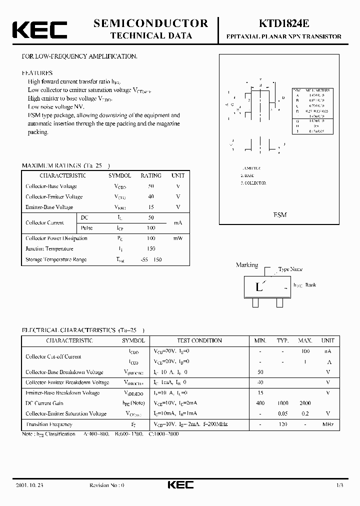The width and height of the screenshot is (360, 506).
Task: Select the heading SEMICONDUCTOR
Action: (x=151, y=23)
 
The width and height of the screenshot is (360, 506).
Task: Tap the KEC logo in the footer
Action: (x=180, y=485)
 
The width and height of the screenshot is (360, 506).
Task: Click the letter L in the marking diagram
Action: (x=258, y=287)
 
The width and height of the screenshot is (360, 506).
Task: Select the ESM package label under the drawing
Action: (x=279, y=214)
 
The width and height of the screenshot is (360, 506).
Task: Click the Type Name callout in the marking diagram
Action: (x=290, y=269)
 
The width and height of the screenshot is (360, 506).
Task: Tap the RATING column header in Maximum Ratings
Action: (x=150, y=175)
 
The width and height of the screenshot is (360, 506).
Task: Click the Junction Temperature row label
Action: (x=49, y=249)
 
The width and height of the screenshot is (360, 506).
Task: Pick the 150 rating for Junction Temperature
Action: (x=150, y=249)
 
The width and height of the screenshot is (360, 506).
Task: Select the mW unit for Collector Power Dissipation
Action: (x=178, y=238)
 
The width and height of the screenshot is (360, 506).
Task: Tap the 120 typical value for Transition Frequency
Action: (x=283, y=424)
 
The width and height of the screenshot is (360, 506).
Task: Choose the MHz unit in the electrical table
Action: (x=328, y=424)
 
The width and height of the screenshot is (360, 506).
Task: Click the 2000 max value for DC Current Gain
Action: (x=305, y=403)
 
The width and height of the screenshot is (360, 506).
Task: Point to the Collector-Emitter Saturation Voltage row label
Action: (x=66, y=413)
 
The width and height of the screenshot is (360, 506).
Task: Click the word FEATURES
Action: (x=37, y=73)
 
